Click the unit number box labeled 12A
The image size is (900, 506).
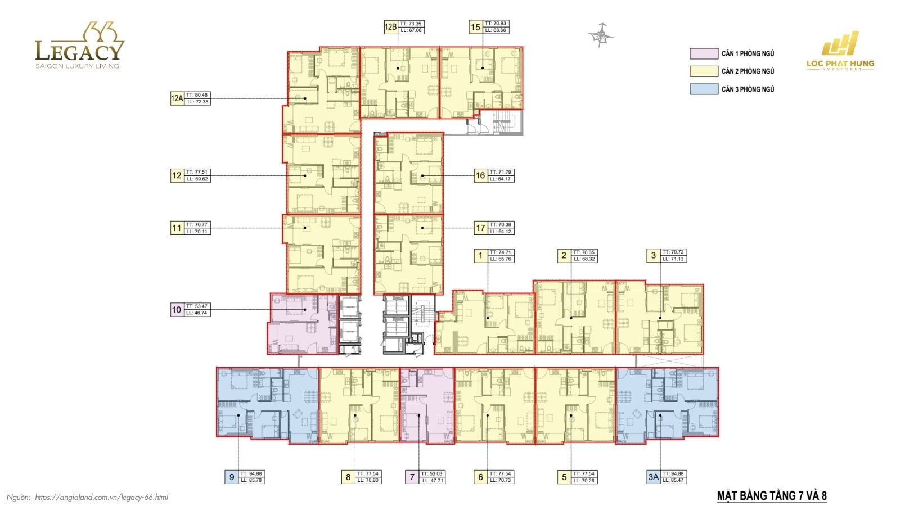click(177, 98)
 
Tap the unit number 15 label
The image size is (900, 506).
click(475, 27)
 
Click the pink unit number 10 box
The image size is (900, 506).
click(177, 309)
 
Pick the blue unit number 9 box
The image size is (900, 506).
click(231, 477)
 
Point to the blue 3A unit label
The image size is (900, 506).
click(652, 477)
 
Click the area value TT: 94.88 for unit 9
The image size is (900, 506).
click(251, 474)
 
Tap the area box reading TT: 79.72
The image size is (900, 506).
click(673, 252)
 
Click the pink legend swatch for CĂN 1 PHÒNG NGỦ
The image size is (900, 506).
click(704, 53)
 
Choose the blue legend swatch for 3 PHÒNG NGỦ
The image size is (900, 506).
click(704, 89)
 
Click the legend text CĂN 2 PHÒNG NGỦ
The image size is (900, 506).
click(748, 71)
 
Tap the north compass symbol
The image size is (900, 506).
click(601, 35)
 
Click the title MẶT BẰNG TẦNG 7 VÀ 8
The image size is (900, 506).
click(772, 496)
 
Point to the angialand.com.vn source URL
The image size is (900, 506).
click(101, 497)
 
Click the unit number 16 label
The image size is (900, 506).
click(480, 175)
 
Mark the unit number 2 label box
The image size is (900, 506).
click(564, 256)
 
